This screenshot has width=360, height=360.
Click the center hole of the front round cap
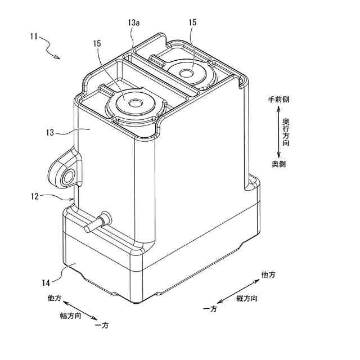[x=134, y=103]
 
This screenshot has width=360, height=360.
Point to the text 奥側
[x=279, y=164]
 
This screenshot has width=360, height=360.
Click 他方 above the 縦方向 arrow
[x=268, y=274]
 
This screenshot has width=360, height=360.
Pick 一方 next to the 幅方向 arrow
[x=102, y=326]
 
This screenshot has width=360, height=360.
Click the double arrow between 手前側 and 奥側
[x=278, y=131]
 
